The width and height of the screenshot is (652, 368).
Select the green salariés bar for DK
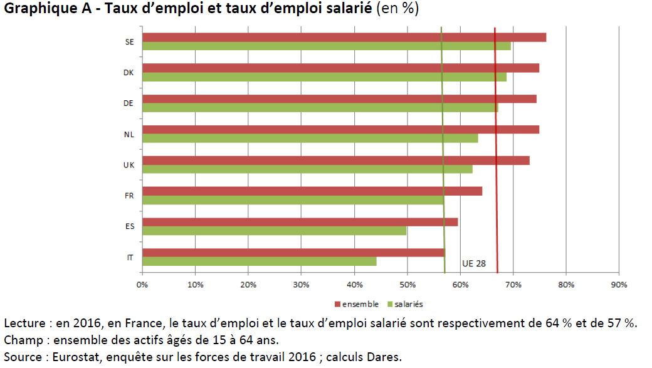point(324,77)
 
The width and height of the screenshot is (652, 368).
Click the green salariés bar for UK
point(307,169)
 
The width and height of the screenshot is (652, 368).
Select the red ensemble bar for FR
point(312,191)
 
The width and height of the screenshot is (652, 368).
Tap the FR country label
point(129,196)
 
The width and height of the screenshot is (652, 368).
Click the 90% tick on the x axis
point(619,285)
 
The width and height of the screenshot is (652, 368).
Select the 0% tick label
point(142,285)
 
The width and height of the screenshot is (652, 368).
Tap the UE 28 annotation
point(473,264)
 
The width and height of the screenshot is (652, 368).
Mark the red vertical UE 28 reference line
point(496,150)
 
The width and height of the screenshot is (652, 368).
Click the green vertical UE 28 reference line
point(443,150)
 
